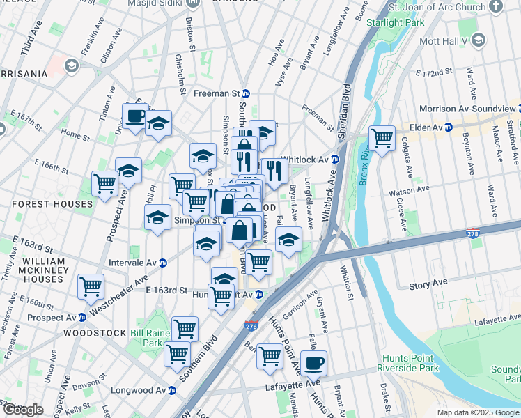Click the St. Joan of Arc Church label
click(437, 7)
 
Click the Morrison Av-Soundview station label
click(467, 109)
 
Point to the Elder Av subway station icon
click(449, 127)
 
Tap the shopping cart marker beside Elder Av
click(382, 139)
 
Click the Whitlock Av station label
click(304, 159)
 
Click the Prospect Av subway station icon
click(81, 318)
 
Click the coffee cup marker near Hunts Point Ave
click(313, 362)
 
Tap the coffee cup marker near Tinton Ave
click(135, 116)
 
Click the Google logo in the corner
click(23, 410)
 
